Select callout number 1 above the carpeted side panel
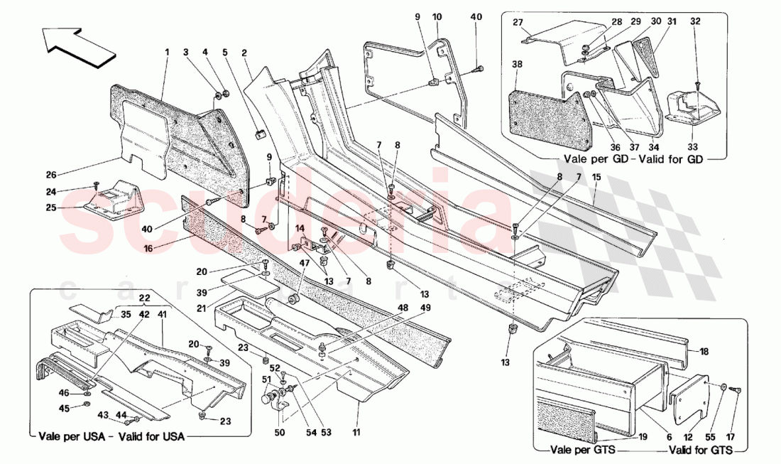tap(168, 52)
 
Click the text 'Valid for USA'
tap(150, 437)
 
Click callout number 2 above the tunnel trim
tap(244, 52)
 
